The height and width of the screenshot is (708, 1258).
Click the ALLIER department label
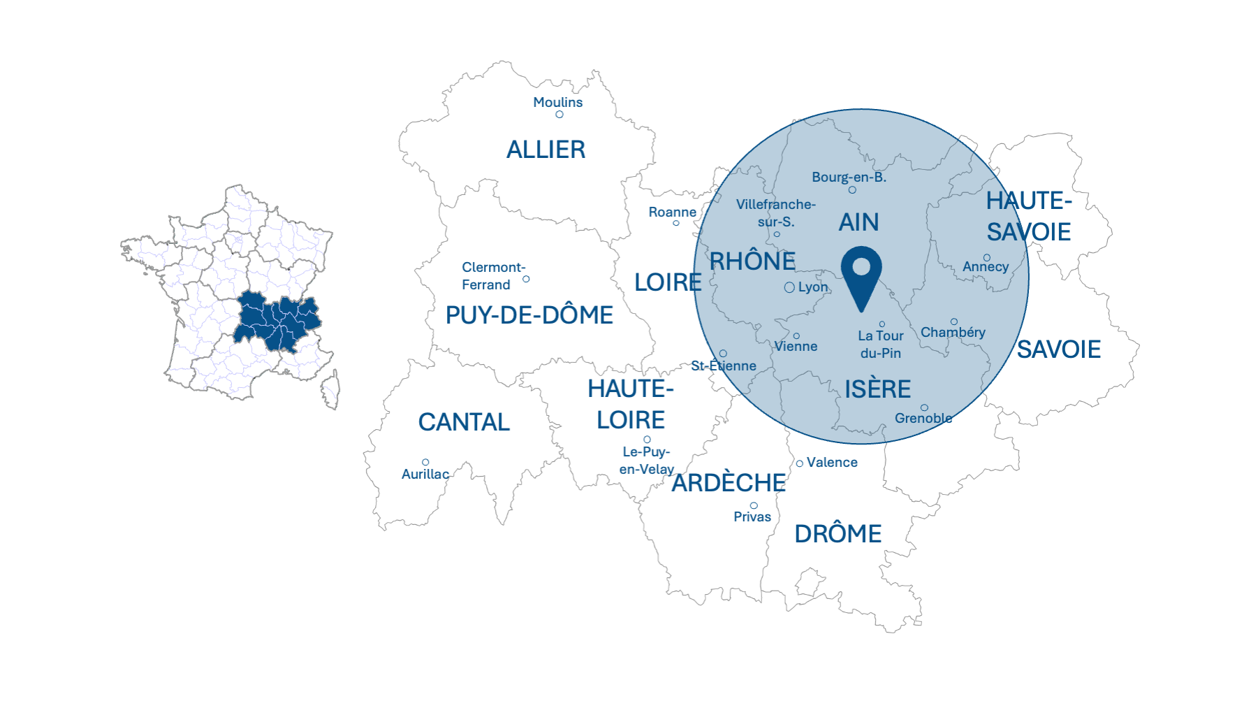[x=546, y=150]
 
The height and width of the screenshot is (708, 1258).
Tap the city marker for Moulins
[x=559, y=115]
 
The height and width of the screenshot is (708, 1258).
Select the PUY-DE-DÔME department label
[x=529, y=315]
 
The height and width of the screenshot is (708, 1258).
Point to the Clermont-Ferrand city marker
[x=526, y=279]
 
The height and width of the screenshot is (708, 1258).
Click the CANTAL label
[x=464, y=422]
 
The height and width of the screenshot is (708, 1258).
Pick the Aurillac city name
[x=425, y=474]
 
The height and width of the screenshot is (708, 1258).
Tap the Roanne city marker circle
[x=676, y=223]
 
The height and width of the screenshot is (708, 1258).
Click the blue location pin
[x=861, y=273]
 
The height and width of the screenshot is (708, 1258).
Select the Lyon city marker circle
[x=789, y=287]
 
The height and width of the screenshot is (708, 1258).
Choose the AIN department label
[x=858, y=222]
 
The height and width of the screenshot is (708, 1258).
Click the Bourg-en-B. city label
[x=849, y=177]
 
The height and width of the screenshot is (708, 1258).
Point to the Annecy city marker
[x=987, y=257]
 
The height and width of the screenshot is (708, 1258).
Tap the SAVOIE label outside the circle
[x=1058, y=349]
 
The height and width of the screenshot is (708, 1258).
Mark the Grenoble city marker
[x=924, y=407]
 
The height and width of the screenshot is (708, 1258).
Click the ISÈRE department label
[x=877, y=389]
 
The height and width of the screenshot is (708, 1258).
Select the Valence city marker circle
[x=800, y=463]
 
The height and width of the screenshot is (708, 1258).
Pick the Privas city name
[x=752, y=516]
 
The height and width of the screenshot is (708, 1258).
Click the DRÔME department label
[x=838, y=534]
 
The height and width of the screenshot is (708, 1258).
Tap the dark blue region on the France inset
[x=277, y=322]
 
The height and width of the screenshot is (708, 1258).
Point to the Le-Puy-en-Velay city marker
[x=647, y=440]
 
